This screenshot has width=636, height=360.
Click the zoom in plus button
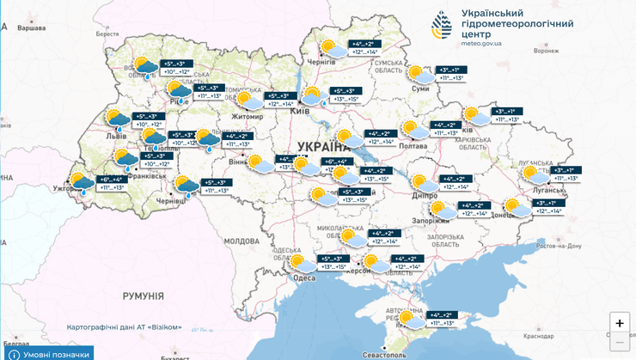pos(619,323)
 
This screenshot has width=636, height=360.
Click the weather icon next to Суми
pos(419,75)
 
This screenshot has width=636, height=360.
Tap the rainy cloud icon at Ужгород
pos(83,183)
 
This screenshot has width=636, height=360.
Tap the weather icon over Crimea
pos(410,320)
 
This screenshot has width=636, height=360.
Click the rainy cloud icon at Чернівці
pos(187,186)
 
